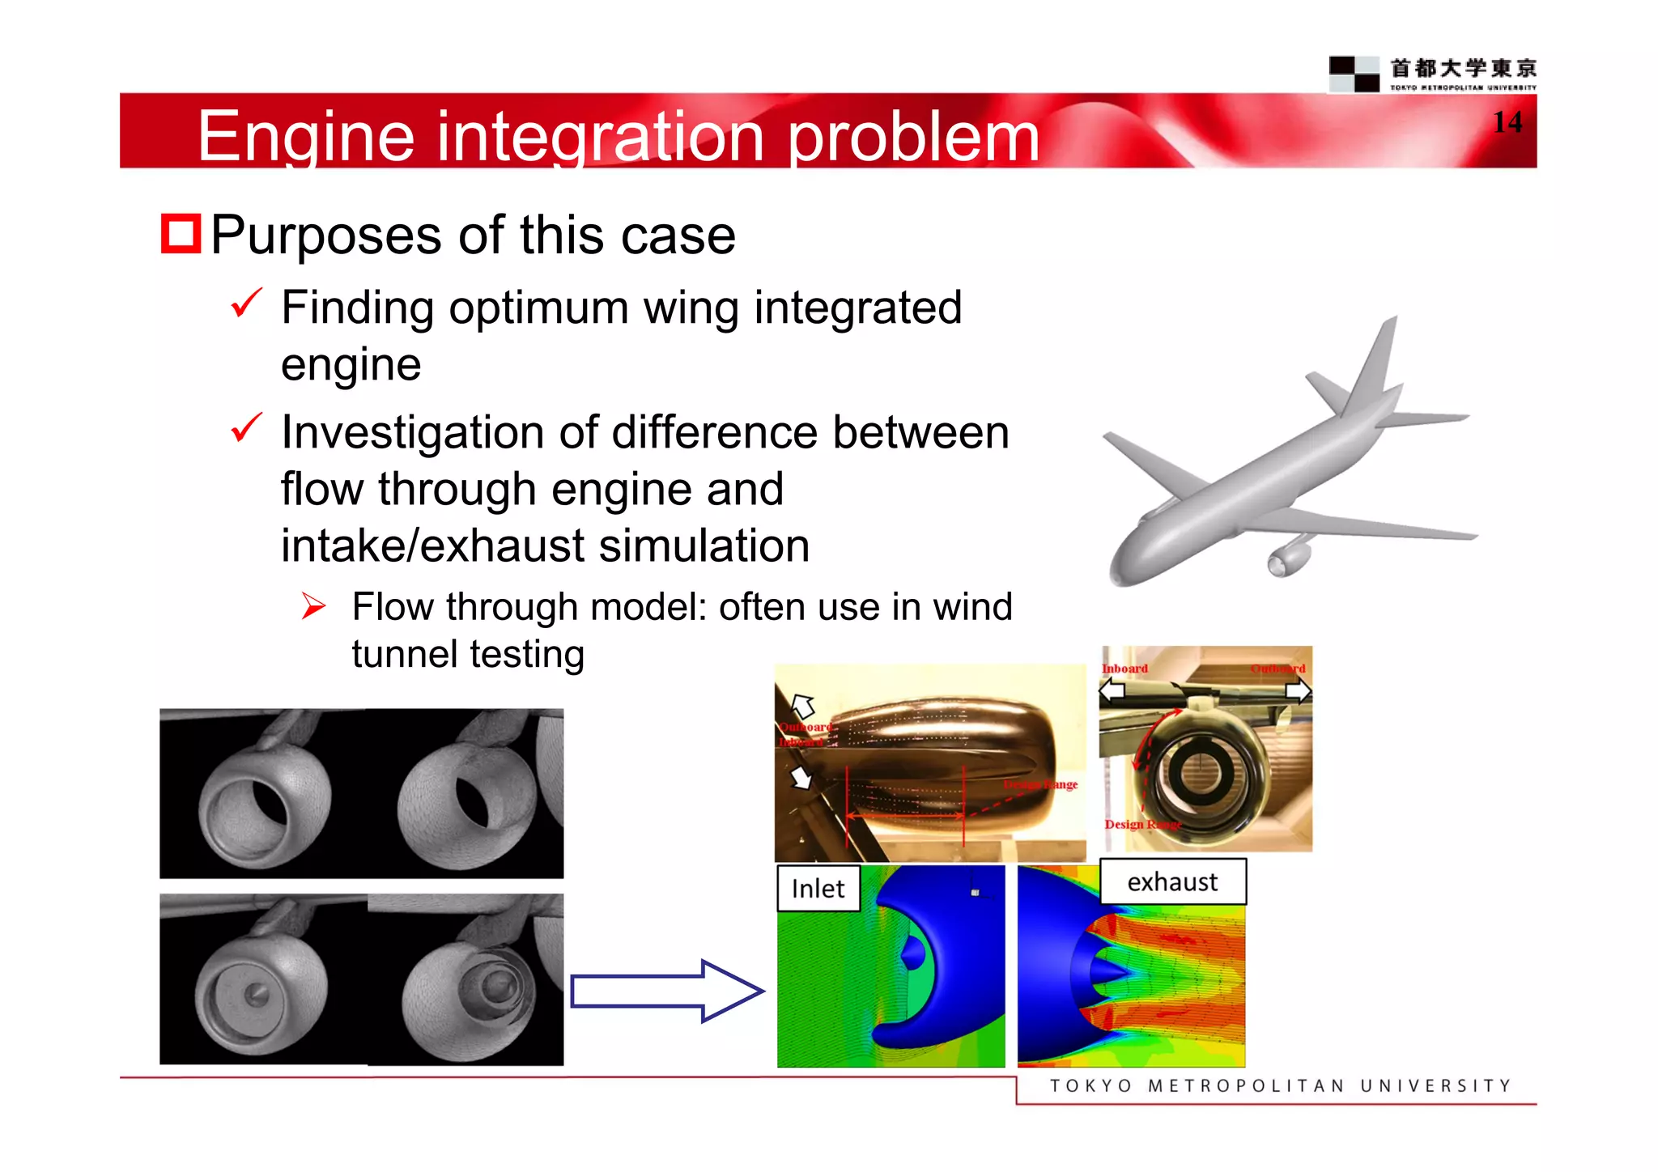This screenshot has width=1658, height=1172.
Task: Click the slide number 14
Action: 1507,122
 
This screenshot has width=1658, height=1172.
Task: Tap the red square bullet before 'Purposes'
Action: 181,234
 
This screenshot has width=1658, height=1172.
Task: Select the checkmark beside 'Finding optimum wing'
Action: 246,304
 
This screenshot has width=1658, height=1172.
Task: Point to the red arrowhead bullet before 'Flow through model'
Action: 313,605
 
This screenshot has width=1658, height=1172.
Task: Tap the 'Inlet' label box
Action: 818,888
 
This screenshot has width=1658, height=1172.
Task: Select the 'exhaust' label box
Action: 1172,881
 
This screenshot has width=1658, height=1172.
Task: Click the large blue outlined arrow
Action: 666,991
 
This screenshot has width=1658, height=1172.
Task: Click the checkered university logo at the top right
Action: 1354,74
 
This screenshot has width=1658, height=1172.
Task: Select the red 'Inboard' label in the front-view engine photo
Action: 1124,669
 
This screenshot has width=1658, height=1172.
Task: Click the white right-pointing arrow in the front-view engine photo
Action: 1297,690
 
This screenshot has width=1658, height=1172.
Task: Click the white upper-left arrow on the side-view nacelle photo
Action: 802,706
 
